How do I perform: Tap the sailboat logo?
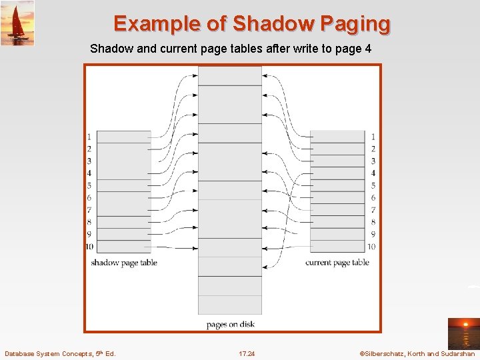click(17, 23)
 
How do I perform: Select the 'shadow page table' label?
click(124, 263)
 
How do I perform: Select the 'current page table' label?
click(337, 263)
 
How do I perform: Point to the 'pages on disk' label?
click(231, 325)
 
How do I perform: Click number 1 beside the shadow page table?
click(89, 137)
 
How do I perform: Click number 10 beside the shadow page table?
click(89, 247)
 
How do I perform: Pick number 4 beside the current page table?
click(373, 173)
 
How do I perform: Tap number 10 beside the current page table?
click(371, 247)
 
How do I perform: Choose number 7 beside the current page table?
click(373, 210)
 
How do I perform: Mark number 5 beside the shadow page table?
click(89, 185)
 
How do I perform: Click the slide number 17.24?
click(247, 353)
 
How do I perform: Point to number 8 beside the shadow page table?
click(89, 222)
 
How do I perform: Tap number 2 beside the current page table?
click(373, 149)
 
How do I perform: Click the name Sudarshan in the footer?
click(458, 353)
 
